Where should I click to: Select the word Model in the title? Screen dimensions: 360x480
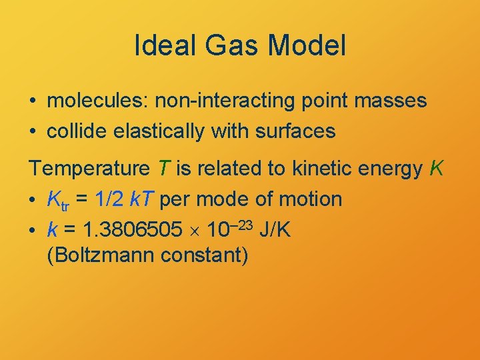[x=309, y=46]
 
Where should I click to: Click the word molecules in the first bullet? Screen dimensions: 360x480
[x=98, y=101]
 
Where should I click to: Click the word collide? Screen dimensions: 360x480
[x=73, y=131]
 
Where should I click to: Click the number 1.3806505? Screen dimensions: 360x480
[x=131, y=230]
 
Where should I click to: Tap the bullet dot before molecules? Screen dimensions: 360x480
[x=32, y=101]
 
